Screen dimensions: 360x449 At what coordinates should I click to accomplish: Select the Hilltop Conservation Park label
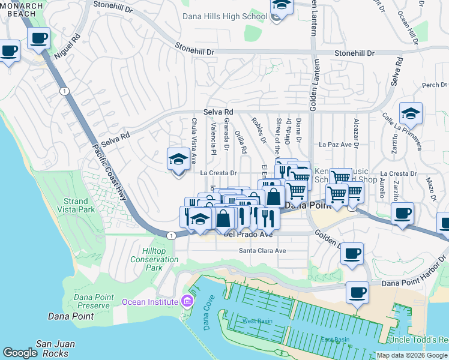pyautogui.click(x=154, y=259)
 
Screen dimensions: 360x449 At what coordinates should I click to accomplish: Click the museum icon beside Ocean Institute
pyautogui.click(x=187, y=301)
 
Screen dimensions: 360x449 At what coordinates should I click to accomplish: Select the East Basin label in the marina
pyautogui.click(x=335, y=340)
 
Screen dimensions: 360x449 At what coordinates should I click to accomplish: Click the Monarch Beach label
pyautogui.click(x=22, y=10)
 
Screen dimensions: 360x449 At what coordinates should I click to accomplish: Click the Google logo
pyautogui.click(x=20, y=353)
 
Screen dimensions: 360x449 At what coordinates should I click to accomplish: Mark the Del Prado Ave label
pyautogui.click(x=248, y=234)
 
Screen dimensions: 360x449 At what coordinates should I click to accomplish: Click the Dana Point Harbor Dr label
pyautogui.click(x=413, y=273)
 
